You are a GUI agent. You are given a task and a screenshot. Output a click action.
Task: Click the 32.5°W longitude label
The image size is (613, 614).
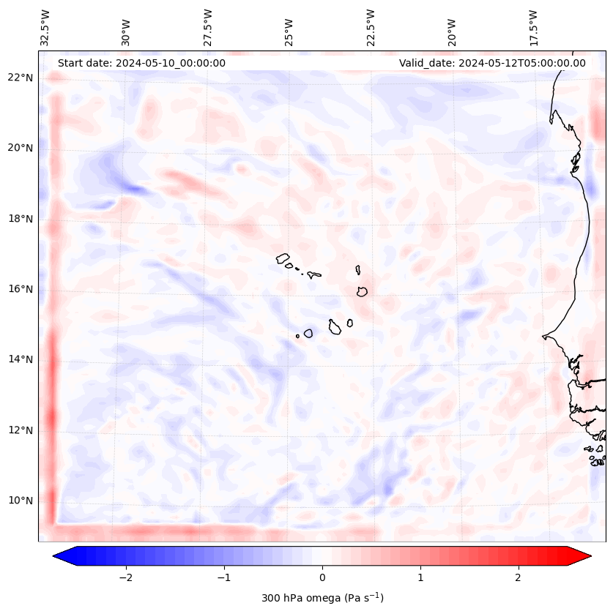pyautogui.click(x=45, y=28)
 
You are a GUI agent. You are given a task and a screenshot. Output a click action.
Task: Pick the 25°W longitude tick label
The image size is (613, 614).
pyautogui.click(x=289, y=32)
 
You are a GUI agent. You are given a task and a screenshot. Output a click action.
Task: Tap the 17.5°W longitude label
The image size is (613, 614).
pyautogui.click(x=533, y=28)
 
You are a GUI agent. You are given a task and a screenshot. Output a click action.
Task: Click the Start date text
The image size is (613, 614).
pyautogui.click(x=141, y=63)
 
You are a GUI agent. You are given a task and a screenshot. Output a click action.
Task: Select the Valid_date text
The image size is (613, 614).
pyautogui.click(x=492, y=63)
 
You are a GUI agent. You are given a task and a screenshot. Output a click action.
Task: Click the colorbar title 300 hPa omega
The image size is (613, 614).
pyautogui.click(x=322, y=598)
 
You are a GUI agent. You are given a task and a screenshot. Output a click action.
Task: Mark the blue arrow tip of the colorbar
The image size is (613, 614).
pyautogui.click(x=56, y=556)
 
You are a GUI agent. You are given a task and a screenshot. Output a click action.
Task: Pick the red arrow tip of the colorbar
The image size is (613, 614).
pyautogui.click(x=589, y=556)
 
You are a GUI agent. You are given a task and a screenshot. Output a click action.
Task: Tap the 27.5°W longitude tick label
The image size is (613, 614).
pyautogui.click(x=208, y=28)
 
